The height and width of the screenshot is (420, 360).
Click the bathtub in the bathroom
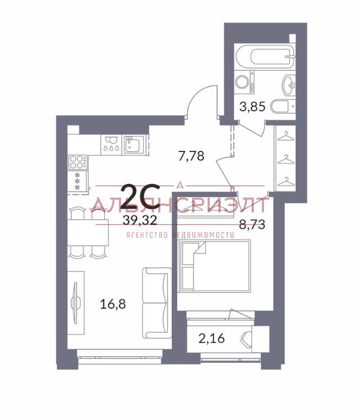(x=265, y=56)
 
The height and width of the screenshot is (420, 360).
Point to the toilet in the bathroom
(x=282, y=106)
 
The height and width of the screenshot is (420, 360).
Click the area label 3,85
(x=252, y=107)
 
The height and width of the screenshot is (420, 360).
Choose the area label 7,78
(x=192, y=156)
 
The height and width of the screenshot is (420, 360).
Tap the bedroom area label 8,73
(x=252, y=224)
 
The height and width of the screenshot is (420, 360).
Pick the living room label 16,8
(x=113, y=304)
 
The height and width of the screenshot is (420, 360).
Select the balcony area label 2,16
(x=212, y=339)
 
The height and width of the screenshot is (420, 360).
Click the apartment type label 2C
(x=140, y=196)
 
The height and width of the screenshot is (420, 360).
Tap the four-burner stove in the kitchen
(x=78, y=162)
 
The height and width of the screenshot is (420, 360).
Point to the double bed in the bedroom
(x=216, y=265)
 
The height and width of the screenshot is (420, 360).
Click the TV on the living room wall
(x=75, y=303)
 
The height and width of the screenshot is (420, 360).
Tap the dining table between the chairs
(x=88, y=232)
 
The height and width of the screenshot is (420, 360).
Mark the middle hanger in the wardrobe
(x=286, y=159)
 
